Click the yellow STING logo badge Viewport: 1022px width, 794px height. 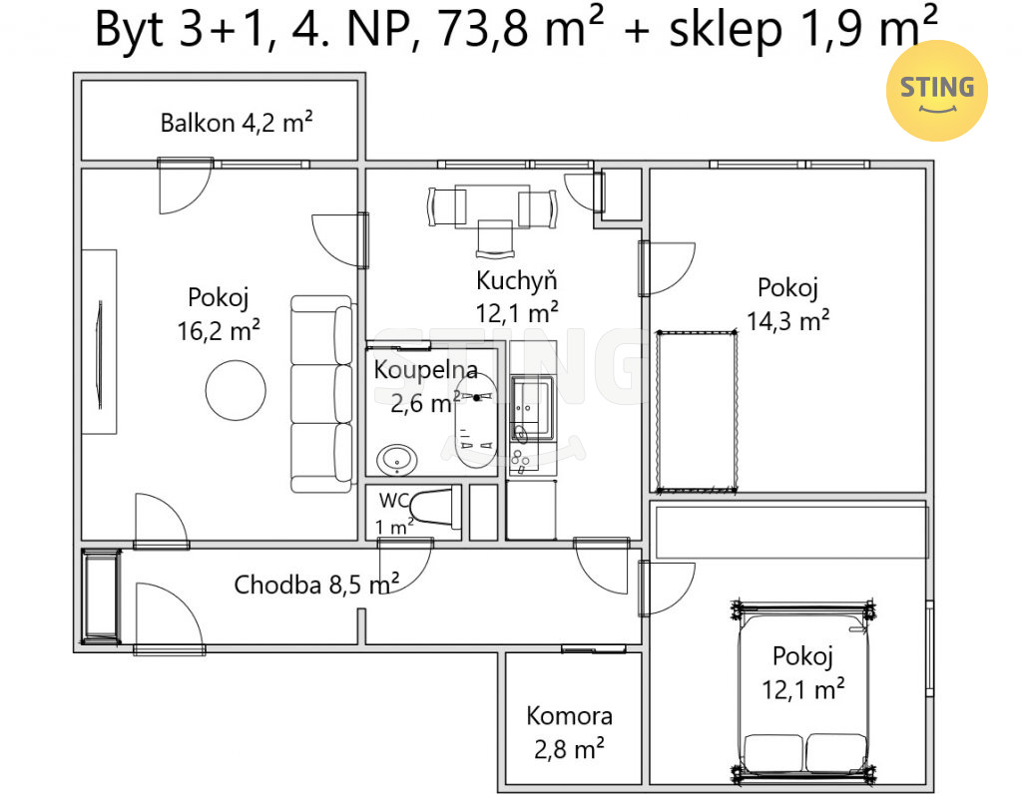click(936, 91)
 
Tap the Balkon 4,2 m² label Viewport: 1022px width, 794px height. click(237, 123)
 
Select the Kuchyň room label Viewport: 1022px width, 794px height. click(516, 280)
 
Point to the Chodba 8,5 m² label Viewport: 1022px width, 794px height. click(316, 585)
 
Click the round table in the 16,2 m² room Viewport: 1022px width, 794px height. click(236, 390)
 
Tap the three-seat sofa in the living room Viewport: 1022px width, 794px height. click(322, 393)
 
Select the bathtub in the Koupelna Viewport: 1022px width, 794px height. click(476, 421)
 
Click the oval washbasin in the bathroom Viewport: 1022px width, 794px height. click(397, 459)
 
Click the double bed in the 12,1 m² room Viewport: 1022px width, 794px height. click(803, 690)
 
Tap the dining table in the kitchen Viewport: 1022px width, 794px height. click(492, 205)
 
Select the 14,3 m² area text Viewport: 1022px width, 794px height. click(787, 320)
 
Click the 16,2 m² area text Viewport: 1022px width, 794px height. click(219, 330)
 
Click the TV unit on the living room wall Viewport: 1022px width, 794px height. click(99, 342)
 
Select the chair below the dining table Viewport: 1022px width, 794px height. click(495, 238)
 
